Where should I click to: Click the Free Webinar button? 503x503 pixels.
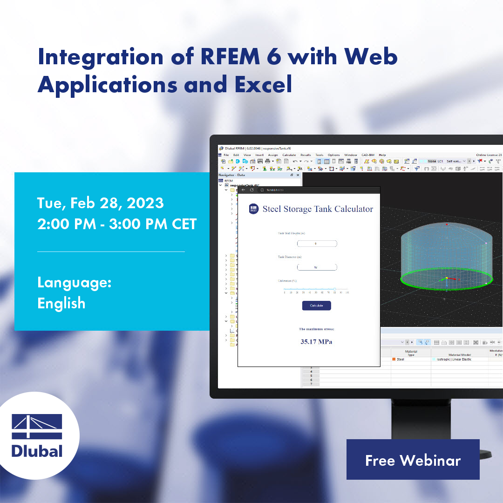[413, 460]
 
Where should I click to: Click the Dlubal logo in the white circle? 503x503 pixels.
[37, 435]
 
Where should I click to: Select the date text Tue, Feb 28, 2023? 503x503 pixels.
[101, 203]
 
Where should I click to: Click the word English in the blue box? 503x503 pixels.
[61, 303]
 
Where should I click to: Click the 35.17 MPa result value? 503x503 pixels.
[316, 342]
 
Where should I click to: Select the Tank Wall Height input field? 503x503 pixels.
[317, 244]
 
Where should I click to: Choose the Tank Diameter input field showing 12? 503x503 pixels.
[317, 267]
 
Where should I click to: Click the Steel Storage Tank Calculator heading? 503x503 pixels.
[318, 209]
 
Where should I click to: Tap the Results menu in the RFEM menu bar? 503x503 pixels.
[306, 155]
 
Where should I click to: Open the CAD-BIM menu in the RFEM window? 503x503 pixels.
[368, 155]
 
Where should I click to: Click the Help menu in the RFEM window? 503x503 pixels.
[382, 155]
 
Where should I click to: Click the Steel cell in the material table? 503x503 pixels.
[400, 360]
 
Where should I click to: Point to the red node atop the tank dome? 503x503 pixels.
[447, 224]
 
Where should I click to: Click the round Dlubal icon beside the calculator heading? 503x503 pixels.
[254, 209]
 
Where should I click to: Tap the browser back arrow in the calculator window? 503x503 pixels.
[243, 190]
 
